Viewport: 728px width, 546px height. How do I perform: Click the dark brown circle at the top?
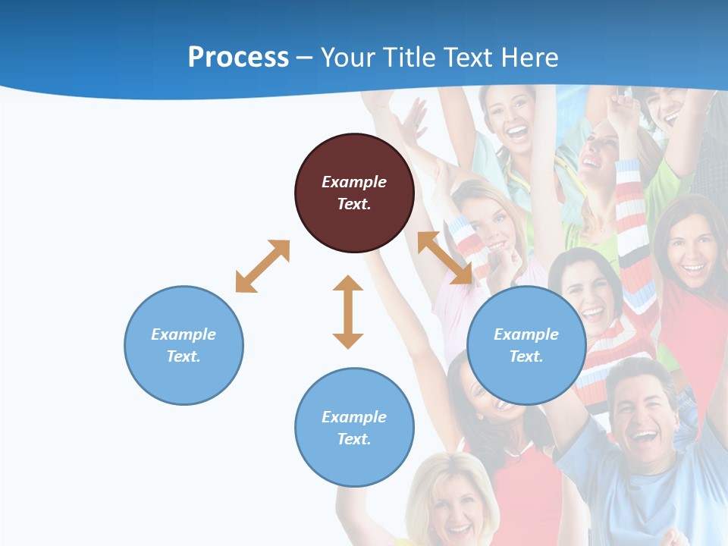(x=354, y=193)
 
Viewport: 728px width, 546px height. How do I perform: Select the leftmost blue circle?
(x=184, y=345)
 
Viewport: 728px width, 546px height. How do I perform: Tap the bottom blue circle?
(x=354, y=427)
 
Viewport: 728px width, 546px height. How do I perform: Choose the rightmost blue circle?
(x=526, y=345)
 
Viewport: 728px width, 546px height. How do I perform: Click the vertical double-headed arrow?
(x=348, y=312)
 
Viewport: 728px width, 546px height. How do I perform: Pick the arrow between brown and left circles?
(x=262, y=266)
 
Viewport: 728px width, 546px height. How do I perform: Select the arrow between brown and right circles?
(x=444, y=258)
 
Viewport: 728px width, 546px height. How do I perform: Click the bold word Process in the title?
(x=238, y=57)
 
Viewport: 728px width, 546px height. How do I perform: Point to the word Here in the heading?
(x=529, y=57)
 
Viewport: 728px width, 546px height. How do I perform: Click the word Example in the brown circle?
(x=354, y=182)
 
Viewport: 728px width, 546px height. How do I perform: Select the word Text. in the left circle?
(x=184, y=356)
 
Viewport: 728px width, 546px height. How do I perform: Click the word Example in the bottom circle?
(x=354, y=416)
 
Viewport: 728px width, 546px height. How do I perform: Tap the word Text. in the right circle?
(x=526, y=356)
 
